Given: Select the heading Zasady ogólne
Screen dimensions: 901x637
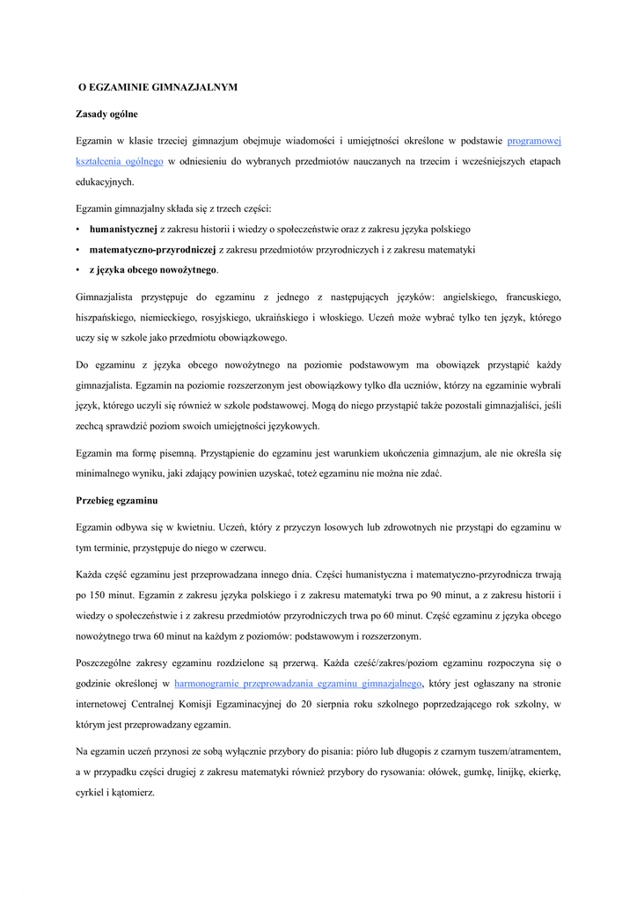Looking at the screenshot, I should click(x=106, y=114).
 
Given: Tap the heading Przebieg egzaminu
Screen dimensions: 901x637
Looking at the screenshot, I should click(x=116, y=501).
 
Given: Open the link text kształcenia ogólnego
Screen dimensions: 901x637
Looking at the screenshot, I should click(x=120, y=162).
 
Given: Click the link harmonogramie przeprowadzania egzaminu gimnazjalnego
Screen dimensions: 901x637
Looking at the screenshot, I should click(x=299, y=683).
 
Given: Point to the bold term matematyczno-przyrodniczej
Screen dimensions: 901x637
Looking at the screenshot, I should click(x=152, y=250).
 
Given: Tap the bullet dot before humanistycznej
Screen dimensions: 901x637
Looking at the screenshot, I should click(x=78, y=229).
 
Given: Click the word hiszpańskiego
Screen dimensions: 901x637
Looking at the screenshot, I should click(x=108, y=318).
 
